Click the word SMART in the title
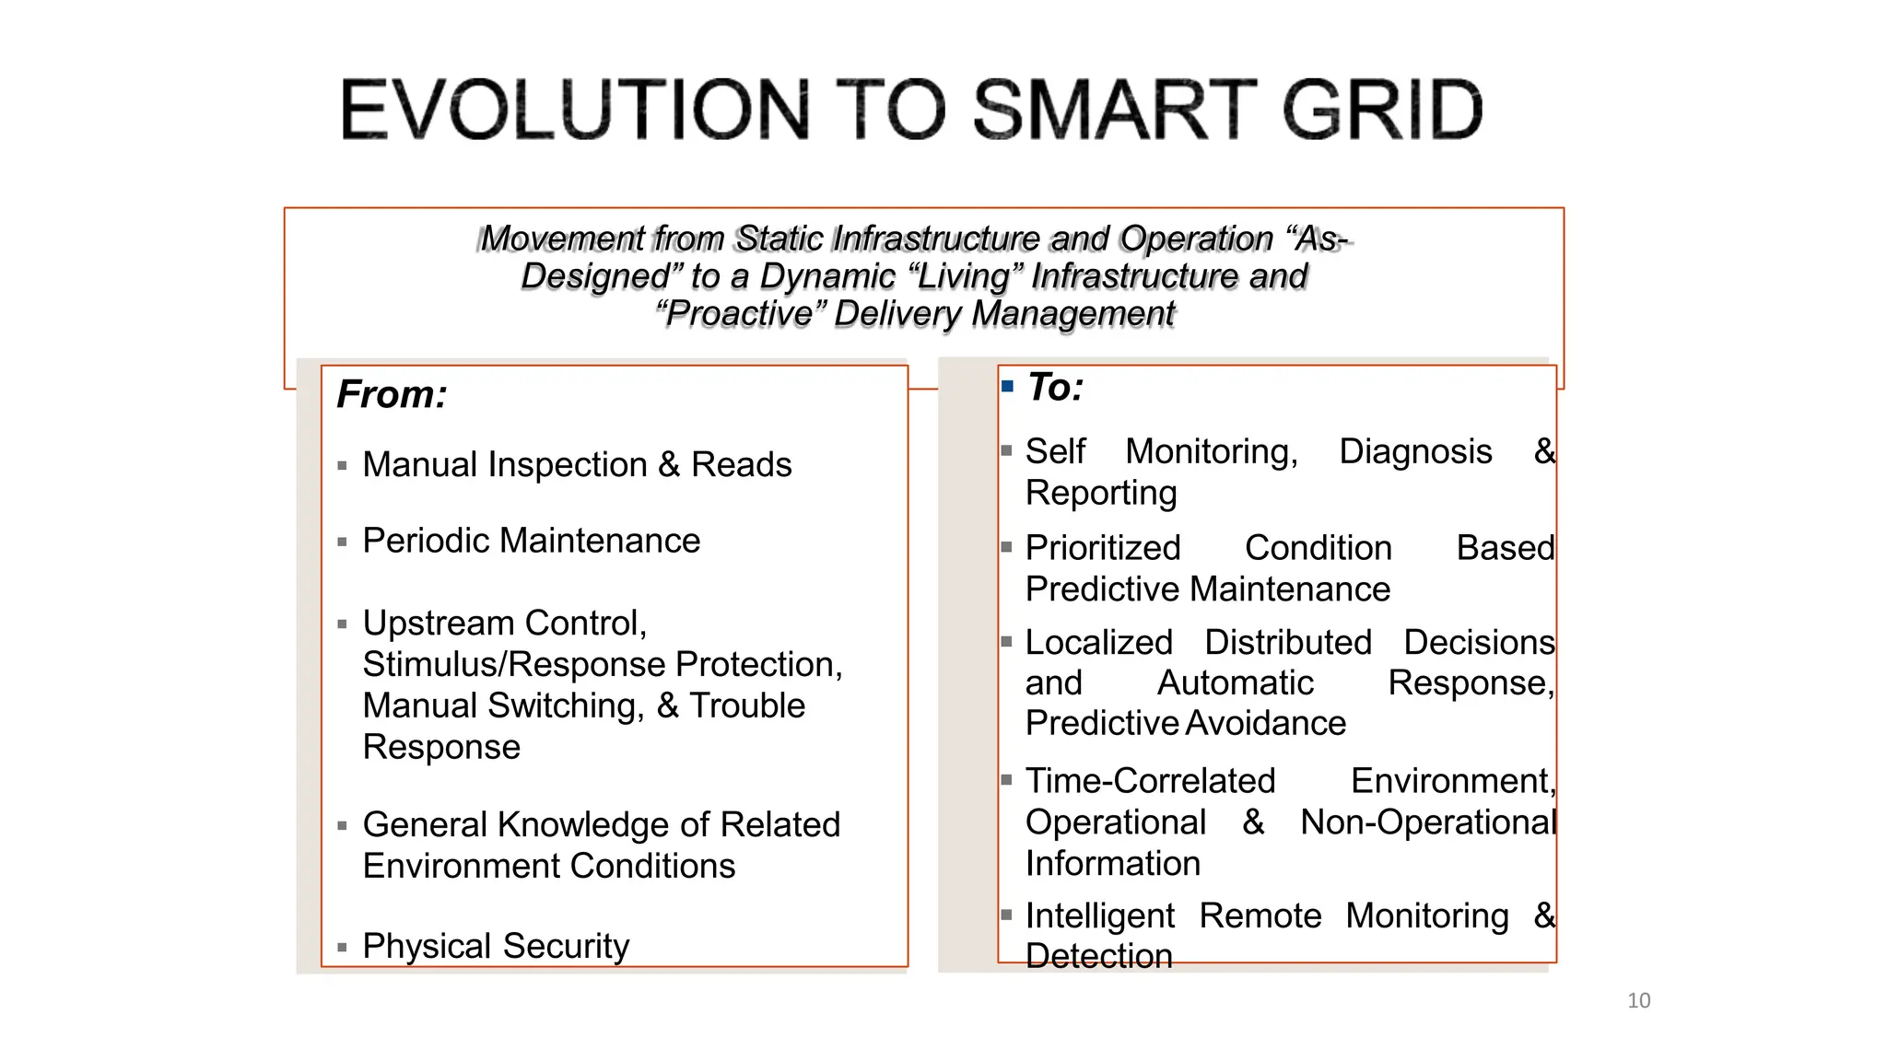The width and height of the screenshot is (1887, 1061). [1115, 111]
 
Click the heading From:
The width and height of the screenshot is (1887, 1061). [392, 394]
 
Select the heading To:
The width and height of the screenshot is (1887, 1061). [1055, 387]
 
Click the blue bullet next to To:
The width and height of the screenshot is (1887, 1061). [1007, 387]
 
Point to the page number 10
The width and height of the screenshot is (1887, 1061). [1638, 1000]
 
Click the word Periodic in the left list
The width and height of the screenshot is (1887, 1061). [426, 541]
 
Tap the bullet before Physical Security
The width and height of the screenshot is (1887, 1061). [342, 947]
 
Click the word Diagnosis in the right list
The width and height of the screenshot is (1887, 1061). [1414, 451]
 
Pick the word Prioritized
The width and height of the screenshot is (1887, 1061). [1102, 548]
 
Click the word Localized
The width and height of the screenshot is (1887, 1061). [1098, 642]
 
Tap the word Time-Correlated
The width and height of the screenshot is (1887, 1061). [1150, 781]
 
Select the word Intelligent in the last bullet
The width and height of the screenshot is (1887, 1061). [1099, 915]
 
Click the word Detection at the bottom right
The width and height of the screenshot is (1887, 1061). [1098, 956]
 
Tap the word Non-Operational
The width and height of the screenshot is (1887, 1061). [1426, 822]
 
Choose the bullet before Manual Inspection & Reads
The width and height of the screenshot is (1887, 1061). [342, 466]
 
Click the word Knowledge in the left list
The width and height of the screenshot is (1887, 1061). [583, 824]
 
